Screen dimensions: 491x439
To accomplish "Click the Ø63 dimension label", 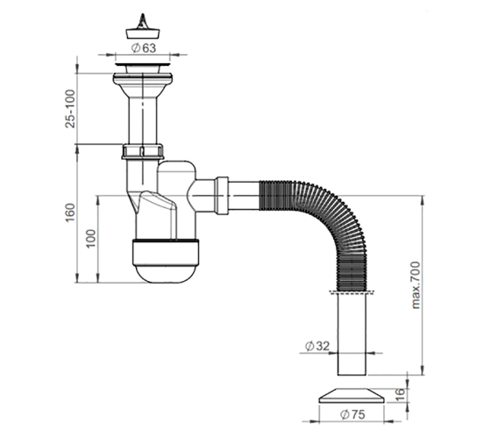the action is [x=144, y=48].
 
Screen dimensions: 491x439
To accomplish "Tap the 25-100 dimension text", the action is [x=70, y=109].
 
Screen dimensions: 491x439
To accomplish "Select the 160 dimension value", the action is [x=70, y=212].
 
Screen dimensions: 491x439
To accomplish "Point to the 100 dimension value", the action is [x=91, y=238].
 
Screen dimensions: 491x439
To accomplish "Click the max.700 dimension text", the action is [x=416, y=285].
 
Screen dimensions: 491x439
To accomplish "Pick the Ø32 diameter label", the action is [x=317, y=346].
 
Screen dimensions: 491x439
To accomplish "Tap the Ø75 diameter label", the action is [x=352, y=414].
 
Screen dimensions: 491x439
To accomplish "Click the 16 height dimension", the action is [x=400, y=395].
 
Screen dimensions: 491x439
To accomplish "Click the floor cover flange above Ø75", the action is [x=352, y=396].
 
